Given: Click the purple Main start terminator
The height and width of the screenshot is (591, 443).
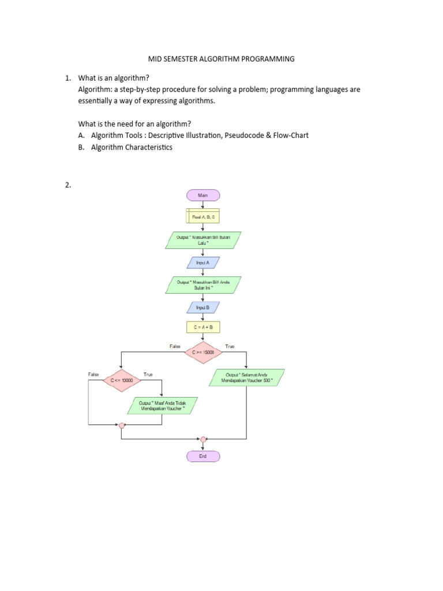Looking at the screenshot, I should point(202,195).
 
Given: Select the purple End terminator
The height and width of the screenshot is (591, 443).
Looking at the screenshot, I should point(202,456).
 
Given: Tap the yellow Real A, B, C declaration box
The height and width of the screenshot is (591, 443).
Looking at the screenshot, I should point(202,216).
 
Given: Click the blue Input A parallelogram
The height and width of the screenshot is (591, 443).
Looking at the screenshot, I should point(202,262).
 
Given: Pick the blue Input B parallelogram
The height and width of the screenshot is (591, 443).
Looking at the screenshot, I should point(202,308).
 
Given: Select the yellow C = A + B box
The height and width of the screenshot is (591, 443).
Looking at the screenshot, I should point(202,327).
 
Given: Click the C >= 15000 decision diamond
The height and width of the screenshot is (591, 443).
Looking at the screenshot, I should point(202,352).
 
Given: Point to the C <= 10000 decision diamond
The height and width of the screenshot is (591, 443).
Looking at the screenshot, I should point(121,381).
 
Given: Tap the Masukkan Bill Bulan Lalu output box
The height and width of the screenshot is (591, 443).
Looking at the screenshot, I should point(202,240).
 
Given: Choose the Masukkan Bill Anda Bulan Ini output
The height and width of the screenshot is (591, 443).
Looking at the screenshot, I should point(202,285).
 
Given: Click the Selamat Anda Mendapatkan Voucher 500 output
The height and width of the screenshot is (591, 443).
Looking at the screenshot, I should point(246,378).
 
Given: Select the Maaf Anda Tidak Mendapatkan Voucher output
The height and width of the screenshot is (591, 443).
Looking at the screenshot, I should point(163,406).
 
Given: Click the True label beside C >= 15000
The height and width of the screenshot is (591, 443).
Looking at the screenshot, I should point(230,346).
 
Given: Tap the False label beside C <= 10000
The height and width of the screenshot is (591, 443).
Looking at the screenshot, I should point(93,375).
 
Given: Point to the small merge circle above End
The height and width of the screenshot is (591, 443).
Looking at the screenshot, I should point(202,439).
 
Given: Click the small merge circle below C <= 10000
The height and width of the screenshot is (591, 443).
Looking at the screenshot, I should point(121,425).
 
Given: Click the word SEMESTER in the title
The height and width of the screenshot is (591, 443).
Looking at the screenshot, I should point(180,59).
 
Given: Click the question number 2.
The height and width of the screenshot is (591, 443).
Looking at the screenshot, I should point(67,185).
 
